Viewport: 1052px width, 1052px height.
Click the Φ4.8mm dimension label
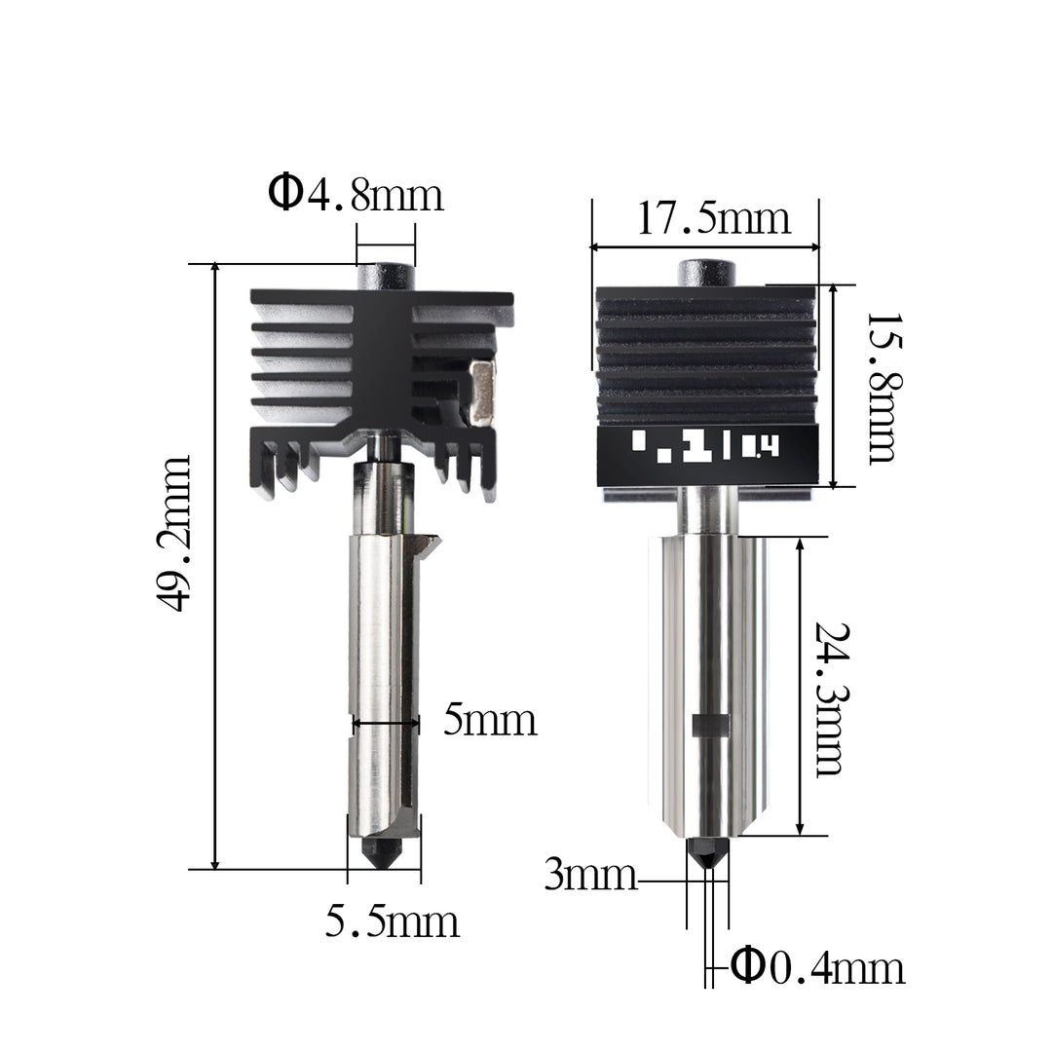pyautogui.click(x=357, y=194)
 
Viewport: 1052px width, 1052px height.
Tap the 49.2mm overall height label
pyautogui.click(x=175, y=533)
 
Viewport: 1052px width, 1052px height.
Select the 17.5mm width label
pyautogui.click(x=713, y=218)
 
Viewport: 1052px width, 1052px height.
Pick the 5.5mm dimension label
pyautogui.click(x=392, y=920)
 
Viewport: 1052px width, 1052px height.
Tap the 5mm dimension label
pyautogui.click(x=490, y=721)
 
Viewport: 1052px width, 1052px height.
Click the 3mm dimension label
pyautogui.click(x=590, y=876)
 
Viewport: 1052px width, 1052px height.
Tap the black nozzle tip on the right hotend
pyautogui.click(x=707, y=852)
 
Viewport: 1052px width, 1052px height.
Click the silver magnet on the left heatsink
pyautogui.click(x=481, y=393)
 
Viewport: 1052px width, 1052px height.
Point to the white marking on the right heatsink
pyautogui.click(x=706, y=446)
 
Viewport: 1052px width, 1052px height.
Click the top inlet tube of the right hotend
pyautogui.click(x=707, y=273)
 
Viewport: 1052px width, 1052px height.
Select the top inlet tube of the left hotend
pyautogui.click(x=386, y=277)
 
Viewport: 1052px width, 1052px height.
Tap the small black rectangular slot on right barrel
pyautogui.click(x=711, y=726)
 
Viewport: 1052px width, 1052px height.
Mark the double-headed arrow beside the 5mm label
pyautogui.click(x=386, y=723)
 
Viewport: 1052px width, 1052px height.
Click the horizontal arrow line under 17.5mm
pyautogui.click(x=704, y=246)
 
